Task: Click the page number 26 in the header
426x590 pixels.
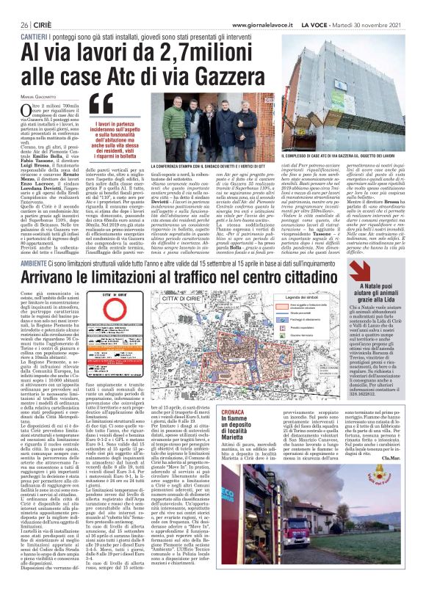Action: point(14,5)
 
